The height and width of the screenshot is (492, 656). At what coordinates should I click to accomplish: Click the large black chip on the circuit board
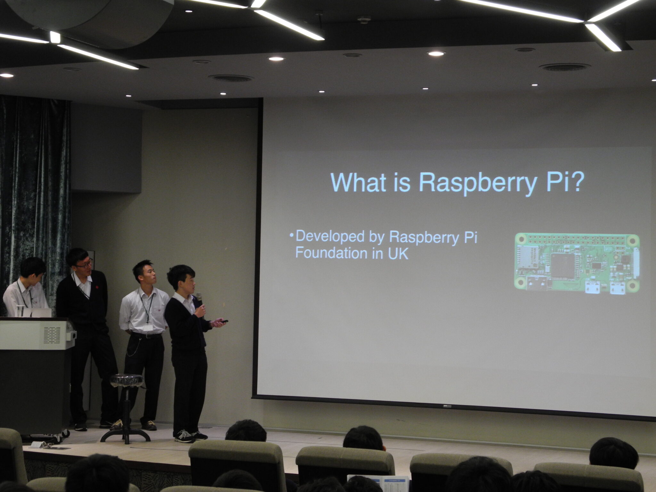point(563,265)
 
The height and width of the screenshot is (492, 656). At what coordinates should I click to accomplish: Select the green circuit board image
point(577,264)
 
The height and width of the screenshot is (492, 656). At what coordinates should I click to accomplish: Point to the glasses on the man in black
point(85,264)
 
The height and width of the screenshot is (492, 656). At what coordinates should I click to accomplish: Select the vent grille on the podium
point(52,335)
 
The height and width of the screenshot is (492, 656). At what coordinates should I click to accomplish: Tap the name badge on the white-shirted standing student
point(147,328)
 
